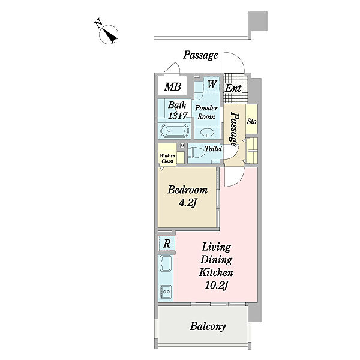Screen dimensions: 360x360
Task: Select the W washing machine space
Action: (212, 85)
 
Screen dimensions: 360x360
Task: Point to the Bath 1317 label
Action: (178, 110)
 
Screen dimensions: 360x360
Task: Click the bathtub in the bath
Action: (175, 131)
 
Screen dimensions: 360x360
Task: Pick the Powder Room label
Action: (207, 112)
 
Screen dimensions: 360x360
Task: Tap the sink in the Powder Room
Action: (208, 132)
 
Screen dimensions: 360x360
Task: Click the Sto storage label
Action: (252, 121)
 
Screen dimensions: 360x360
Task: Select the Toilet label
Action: (213, 148)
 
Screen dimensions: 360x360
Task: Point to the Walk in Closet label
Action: (167, 158)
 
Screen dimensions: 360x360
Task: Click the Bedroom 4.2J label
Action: (188, 196)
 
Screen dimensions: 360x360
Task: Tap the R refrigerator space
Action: (167, 244)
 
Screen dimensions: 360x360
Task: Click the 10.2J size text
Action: (215, 284)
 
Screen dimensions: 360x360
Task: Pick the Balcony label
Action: (208, 327)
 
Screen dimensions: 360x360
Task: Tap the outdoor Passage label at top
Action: (200, 55)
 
